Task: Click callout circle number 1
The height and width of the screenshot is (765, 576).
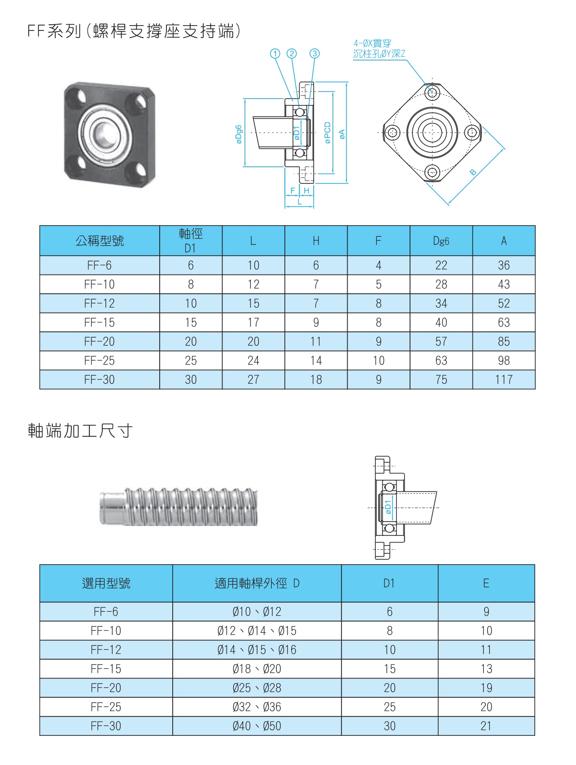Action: tap(275, 54)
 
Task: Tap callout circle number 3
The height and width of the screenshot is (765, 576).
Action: tap(314, 54)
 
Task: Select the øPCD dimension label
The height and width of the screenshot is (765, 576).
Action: tap(327, 133)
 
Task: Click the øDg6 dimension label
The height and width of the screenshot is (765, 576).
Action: tap(239, 134)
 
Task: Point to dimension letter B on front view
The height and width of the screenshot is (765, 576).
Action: tap(473, 172)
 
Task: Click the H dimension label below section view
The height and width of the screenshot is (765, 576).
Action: tap(306, 191)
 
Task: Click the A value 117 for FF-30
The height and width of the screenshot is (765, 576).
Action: tap(503, 380)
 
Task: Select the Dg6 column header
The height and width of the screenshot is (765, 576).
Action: tap(441, 241)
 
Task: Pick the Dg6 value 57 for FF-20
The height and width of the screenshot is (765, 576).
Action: tap(441, 342)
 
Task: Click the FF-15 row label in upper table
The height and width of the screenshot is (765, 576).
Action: tap(99, 322)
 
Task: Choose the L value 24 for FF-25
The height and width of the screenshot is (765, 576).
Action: tap(253, 361)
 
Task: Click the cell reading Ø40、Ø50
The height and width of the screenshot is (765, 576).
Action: tap(257, 726)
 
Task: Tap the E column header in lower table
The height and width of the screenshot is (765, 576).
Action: tap(486, 583)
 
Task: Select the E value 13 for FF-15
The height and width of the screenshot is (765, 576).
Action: tap(486, 669)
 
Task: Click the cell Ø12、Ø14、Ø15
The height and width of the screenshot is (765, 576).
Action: tap(257, 631)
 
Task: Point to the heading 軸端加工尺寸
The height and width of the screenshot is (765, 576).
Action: tap(80, 431)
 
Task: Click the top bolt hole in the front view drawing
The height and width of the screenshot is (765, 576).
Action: tap(432, 93)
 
